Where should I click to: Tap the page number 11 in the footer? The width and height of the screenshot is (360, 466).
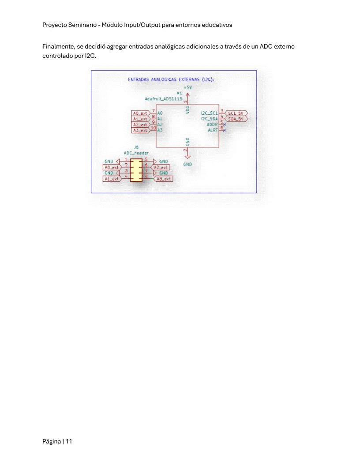point(69,441)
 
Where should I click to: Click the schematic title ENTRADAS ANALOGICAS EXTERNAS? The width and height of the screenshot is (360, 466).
point(164,79)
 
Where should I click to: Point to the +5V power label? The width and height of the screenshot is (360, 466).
point(188,88)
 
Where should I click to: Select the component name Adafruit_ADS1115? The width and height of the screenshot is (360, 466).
point(163,99)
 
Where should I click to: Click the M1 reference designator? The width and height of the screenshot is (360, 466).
point(179,93)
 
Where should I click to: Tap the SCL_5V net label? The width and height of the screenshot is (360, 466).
point(236,113)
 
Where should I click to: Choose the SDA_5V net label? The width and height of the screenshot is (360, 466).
point(236,119)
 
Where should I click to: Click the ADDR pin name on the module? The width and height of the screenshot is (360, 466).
point(212,124)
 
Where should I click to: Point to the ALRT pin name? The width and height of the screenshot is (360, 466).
point(213,130)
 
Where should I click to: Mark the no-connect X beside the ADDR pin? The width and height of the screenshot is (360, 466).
point(225,125)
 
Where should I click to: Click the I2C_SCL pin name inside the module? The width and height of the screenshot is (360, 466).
point(209,113)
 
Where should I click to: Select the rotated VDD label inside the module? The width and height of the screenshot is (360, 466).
point(188,109)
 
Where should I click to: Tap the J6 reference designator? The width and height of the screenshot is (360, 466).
point(136,147)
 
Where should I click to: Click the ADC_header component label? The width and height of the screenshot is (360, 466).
point(136,153)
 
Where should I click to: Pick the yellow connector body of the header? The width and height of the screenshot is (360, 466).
point(136,170)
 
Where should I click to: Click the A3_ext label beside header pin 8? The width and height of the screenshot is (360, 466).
point(164,179)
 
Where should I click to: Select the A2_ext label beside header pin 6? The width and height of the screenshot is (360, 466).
point(161,167)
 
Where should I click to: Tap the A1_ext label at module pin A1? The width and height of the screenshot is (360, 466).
point(140,119)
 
